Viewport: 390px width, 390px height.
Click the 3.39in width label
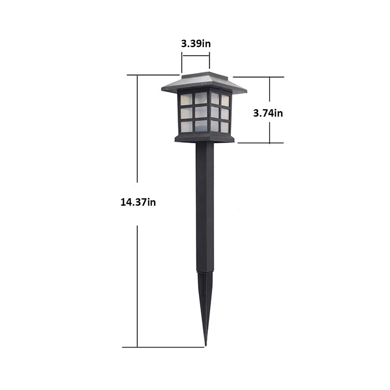(196, 44)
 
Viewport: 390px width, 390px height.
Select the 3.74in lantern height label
(268, 113)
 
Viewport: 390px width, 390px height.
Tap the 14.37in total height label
(138, 202)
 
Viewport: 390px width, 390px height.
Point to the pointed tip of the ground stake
(206, 345)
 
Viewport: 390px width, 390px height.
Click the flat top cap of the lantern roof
(205, 75)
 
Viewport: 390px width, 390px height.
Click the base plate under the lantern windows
(204, 139)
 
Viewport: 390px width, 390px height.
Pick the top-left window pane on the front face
(186, 99)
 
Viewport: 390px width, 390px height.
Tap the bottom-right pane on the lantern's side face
(225, 127)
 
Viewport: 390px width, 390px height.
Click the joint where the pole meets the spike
(205, 272)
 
